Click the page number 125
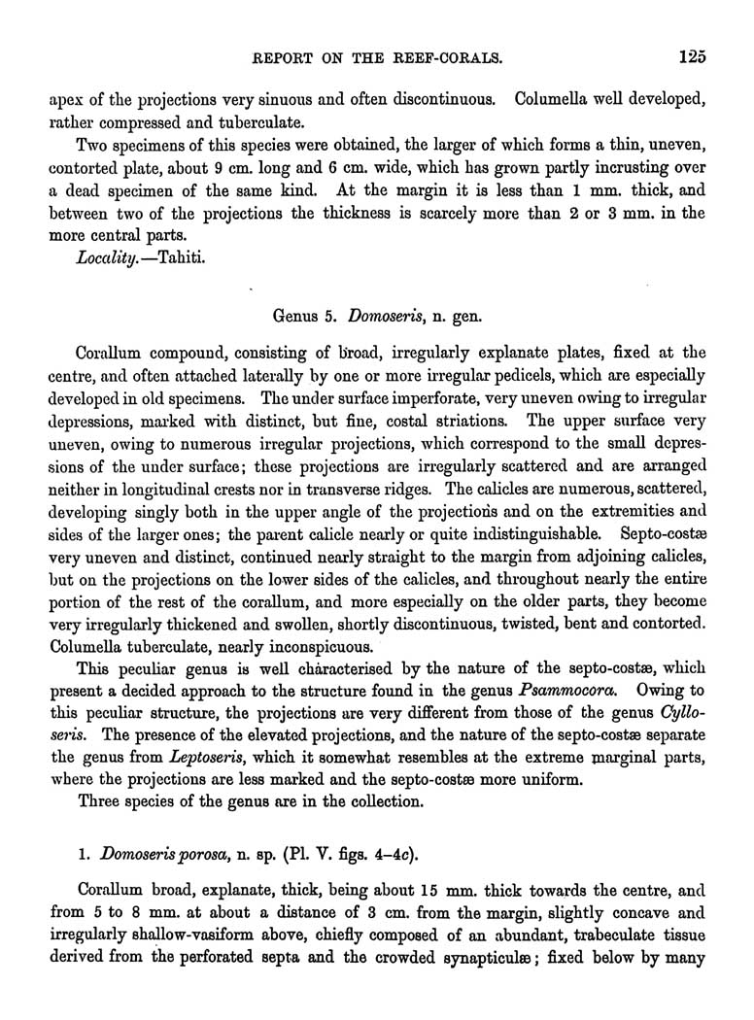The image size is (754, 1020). tap(691, 57)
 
